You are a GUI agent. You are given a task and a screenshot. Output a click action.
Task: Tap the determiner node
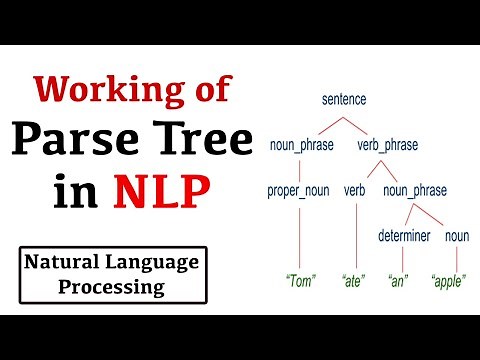[403, 236]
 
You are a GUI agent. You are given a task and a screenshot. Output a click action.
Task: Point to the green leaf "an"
[397, 281]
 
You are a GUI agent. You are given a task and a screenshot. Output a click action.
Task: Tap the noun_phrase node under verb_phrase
[414, 190]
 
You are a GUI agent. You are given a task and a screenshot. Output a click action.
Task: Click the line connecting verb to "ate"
[354, 235]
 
